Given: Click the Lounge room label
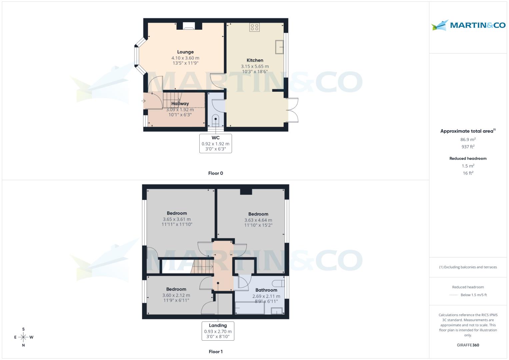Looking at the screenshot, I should click(x=185, y=52).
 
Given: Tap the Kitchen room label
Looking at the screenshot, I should click(x=255, y=60).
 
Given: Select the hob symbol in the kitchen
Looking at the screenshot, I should click(x=254, y=27).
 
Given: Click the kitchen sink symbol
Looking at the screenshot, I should click(x=279, y=47).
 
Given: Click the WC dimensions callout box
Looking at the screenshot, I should click(x=215, y=143).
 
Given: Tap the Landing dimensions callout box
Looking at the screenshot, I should click(x=218, y=331).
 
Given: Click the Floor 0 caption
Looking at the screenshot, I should click(x=215, y=173).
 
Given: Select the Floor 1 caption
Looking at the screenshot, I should click(x=215, y=352).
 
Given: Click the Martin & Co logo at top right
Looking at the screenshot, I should click(x=468, y=25).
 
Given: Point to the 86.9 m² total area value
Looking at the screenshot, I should click(x=468, y=140).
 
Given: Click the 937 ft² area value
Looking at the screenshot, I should click(x=468, y=147).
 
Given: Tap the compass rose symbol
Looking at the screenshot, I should click(x=23, y=337).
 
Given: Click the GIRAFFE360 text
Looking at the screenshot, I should click(x=468, y=345).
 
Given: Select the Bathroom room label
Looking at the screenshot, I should click(x=266, y=290).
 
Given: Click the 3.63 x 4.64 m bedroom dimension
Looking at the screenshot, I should click(x=258, y=220).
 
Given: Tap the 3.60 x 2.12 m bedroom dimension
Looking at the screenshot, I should click(x=176, y=295).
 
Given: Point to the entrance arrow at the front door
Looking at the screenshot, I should click(x=144, y=101).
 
